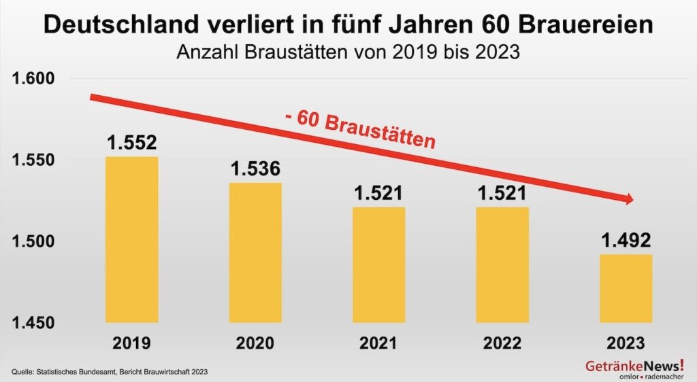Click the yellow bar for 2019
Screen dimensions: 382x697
click(132, 239)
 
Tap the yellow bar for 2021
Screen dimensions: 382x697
click(379, 264)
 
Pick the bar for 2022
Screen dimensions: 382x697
click(503, 264)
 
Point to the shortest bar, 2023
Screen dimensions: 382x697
click(626, 288)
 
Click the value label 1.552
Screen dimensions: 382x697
click(132, 143)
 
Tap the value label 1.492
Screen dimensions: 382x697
click(626, 241)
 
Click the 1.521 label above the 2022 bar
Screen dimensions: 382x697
click(503, 193)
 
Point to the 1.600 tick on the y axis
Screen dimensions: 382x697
click(34, 79)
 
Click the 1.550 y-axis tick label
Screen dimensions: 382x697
click(34, 160)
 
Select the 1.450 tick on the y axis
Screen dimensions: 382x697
click(34, 322)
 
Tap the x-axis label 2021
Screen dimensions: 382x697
click(379, 343)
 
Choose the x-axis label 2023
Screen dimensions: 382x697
click(626, 343)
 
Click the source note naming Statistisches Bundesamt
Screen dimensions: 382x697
click(110, 371)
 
